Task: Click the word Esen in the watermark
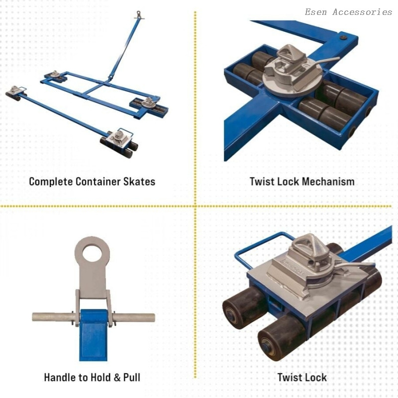(316, 12)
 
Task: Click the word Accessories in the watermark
(362, 12)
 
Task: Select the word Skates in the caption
(139, 182)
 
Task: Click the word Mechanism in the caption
(328, 182)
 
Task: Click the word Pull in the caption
(132, 378)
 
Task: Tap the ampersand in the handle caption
(117, 378)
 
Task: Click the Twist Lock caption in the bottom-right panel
(302, 378)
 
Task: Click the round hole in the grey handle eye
(92, 253)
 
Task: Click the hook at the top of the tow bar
(139, 15)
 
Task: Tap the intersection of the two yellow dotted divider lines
(195, 206)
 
